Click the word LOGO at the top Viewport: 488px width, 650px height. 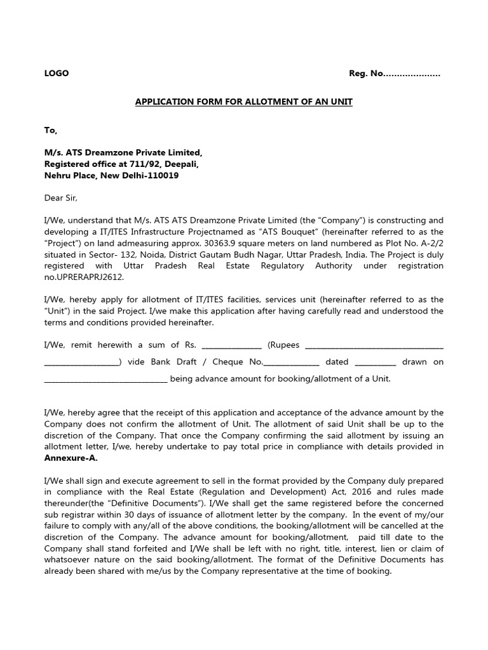coord(56,74)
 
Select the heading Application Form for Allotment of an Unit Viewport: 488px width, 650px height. coord(243,102)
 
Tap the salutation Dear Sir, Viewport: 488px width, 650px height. coord(60,198)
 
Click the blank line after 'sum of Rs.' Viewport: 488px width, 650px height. coord(231,345)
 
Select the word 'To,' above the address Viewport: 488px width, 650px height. coord(50,130)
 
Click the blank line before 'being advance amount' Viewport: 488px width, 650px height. coord(105,379)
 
